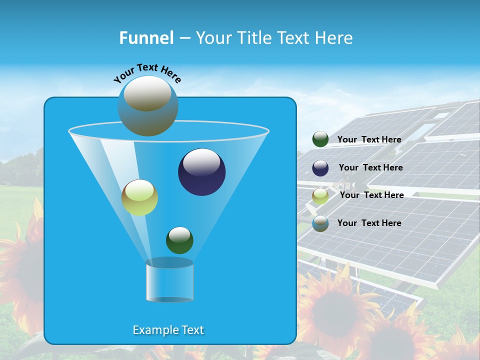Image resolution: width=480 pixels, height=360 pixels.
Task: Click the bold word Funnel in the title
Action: click(146, 38)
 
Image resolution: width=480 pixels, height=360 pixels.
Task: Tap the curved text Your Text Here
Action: click(147, 73)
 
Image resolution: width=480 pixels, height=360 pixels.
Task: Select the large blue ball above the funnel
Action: click(147, 106)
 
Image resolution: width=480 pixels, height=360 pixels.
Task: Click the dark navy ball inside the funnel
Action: click(201, 172)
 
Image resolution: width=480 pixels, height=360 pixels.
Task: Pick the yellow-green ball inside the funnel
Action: click(139, 197)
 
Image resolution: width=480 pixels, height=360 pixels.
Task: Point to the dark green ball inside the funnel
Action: click(179, 240)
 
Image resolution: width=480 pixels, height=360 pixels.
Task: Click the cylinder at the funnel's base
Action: click(169, 281)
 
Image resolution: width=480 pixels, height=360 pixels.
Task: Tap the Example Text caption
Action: click(168, 330)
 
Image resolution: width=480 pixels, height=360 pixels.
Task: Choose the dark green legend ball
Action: click(320, 139)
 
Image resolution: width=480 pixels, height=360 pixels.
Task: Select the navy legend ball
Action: click(320, 168)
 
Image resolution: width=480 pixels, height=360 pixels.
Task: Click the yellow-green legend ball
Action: click(320, 196)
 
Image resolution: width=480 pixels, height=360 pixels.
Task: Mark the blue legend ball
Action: click(320, 223)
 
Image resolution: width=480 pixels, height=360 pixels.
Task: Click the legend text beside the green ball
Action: click(369, 139)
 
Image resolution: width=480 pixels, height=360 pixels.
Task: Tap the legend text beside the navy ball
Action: click(370, 167)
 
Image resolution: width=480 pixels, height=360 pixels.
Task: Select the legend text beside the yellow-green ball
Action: click(371, 195)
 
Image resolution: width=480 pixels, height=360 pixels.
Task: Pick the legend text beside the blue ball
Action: click(369, 223)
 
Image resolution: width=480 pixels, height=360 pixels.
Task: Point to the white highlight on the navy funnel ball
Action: click(202, 162)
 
